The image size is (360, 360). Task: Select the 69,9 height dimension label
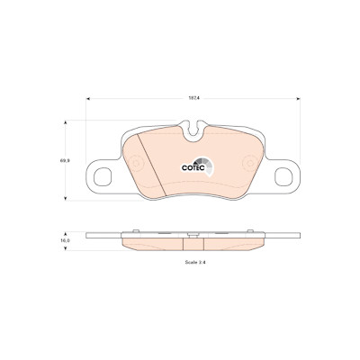pyautogui.click(x=65, y=160)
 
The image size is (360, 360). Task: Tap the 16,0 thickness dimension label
pyautogui.click(x=66, y=240)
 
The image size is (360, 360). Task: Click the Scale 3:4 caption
pyautogui.click(x=195, y=262)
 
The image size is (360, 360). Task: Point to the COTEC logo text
pyautogui.click(x=193, y=168)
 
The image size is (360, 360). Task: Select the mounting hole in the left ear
pyautogui.click(x=103, y=176)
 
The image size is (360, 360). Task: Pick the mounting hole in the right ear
pyautogui.click(x=283, y=176)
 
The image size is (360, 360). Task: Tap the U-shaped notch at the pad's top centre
pyautogui.click(x=194, y=131)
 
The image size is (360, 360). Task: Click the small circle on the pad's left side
pyautogui.click(x=136, y=163)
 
